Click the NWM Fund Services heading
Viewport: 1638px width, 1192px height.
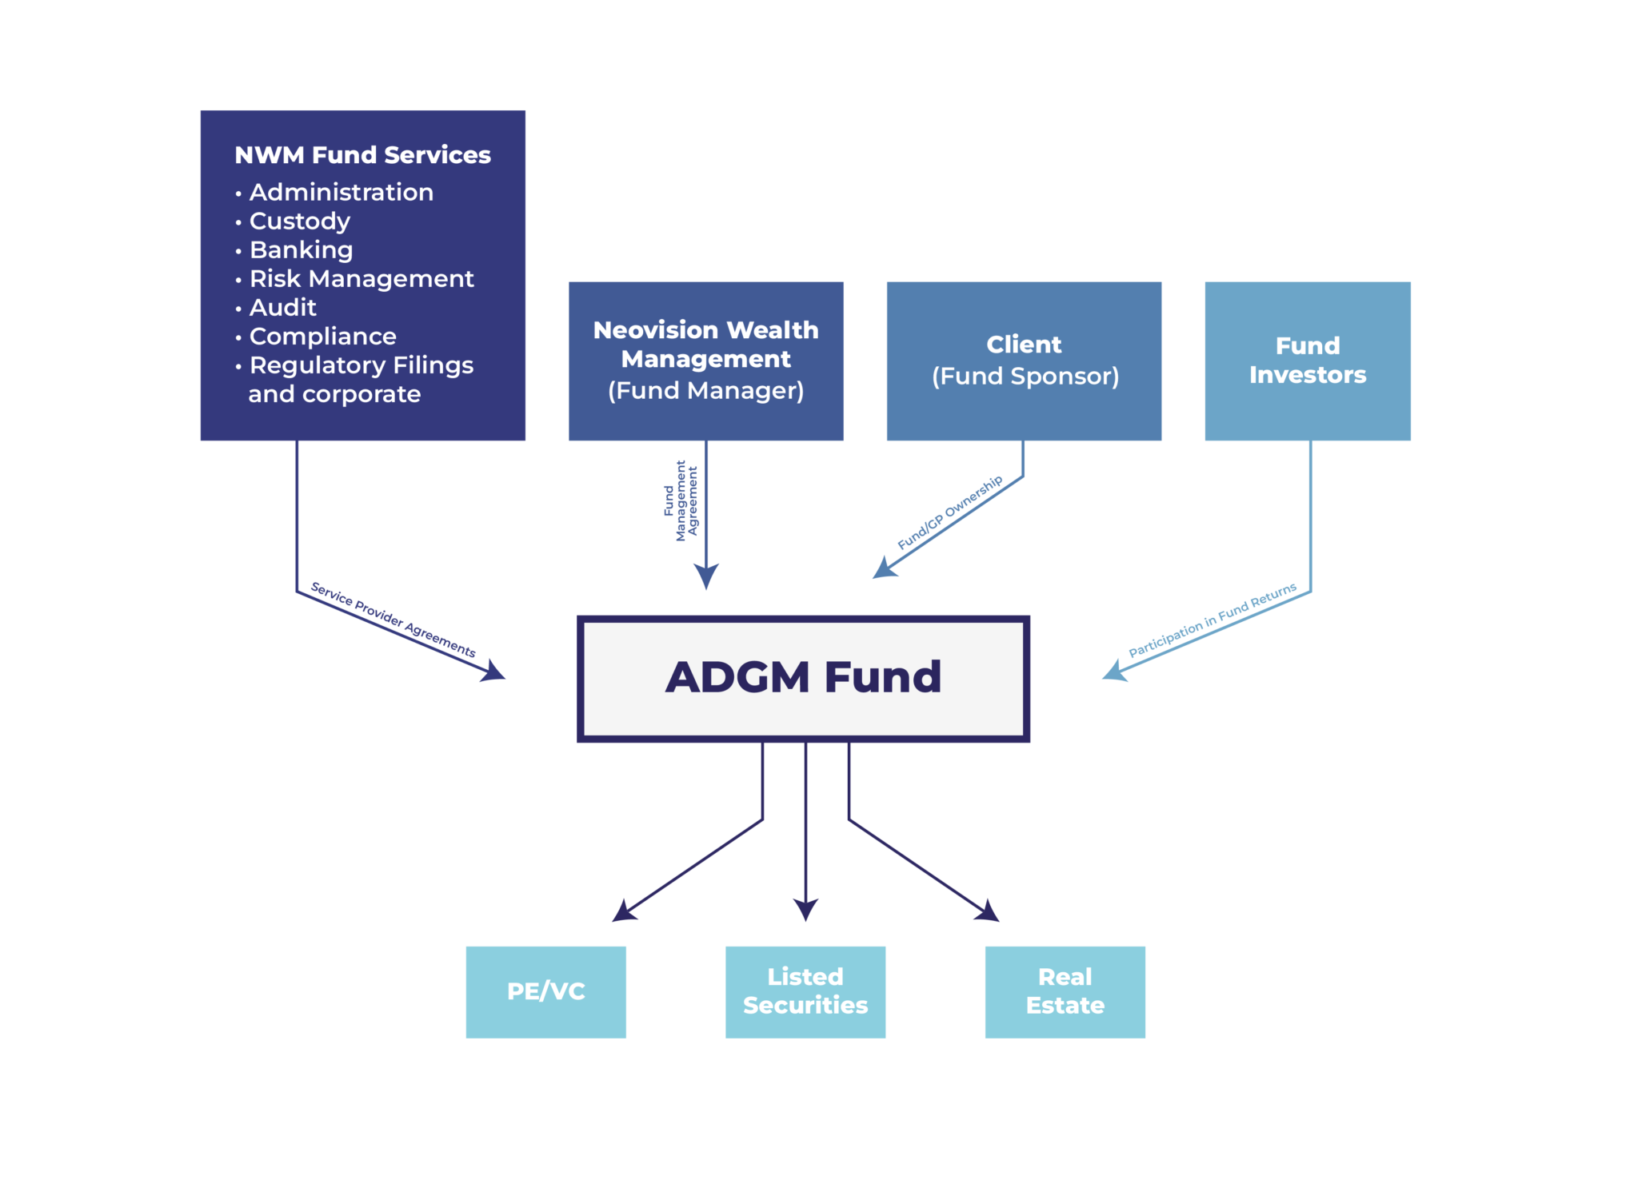[x=362, y=155]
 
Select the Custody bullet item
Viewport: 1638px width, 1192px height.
[x=300, y=221]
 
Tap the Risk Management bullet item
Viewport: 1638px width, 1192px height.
[x=362, y=279]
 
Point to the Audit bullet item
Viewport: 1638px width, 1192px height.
[x=283, y=308]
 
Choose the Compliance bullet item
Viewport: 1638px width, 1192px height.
[x=322, y=337]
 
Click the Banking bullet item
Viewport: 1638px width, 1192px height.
[x=301, y=250]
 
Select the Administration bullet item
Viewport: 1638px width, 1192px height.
[x=342, y=193]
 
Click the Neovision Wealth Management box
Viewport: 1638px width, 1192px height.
[x=706, y=361]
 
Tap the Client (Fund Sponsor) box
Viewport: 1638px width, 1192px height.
[x=1024, y=361]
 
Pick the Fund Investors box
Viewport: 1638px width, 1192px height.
[x=1308, y=361]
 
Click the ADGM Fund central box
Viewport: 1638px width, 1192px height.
[x=803, y=678]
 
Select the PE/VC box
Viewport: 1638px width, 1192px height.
[x=546, y=991]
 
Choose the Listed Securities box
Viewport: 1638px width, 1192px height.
[x=805, y=991]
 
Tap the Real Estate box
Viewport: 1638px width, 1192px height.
[x=1065, y=991]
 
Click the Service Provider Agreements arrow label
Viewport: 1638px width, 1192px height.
[x=394, y=620]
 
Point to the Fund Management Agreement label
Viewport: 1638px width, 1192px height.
[x=681, y=500]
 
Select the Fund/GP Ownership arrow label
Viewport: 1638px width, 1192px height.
[x=949, y=512]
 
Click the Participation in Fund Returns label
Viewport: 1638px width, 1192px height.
[x=1212, y=620]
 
